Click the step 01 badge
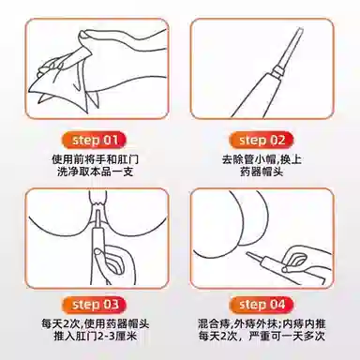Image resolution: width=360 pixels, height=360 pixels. [x=96, y=140]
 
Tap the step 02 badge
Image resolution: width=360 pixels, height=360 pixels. [x=262, y=140]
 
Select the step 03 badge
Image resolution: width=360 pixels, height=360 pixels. [x=96, y=305]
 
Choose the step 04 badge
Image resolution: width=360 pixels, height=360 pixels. [x=262, y=305]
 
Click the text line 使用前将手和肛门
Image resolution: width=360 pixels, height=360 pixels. [x=95, y=159]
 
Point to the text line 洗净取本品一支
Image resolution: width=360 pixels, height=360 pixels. [x=95, y=172]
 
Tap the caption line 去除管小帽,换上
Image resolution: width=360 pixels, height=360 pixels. [x=262, y=159]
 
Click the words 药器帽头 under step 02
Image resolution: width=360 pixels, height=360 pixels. [x=262, y=172]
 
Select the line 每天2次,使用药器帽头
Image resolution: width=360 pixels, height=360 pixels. [x=95, y=323]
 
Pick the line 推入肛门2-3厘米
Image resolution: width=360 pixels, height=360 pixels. [x=95, y=337]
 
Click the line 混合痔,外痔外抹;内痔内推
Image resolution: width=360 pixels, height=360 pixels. [x=262, y=323]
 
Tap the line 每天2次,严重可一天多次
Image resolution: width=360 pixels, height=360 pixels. [x=262, y=337]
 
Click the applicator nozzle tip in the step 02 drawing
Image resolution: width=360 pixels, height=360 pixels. [x=300, y=29]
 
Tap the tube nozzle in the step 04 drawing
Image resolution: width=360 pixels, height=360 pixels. [x=256, y=257]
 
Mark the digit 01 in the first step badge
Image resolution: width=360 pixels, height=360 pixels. [x=111, y=140]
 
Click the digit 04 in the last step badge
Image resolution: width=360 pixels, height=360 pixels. [x=277, y=305]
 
